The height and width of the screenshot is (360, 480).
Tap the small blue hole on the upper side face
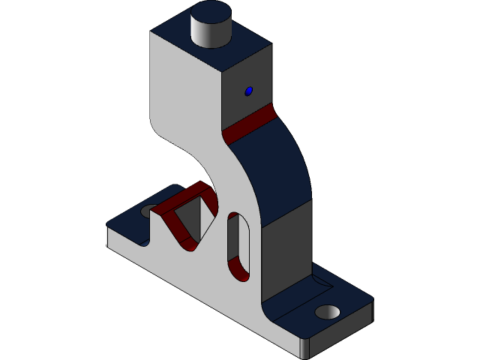(x=249, y=91)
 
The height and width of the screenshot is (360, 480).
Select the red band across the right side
(x=249, y=124)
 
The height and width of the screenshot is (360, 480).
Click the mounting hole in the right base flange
(x=327, y=311)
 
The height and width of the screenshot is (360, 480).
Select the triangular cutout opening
(x=196, y=217)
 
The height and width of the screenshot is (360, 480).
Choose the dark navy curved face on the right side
(x=277, y=172)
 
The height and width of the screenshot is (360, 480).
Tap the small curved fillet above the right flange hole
(x=322, y=284)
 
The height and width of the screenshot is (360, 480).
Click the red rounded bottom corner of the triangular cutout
(x=187, y=244)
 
